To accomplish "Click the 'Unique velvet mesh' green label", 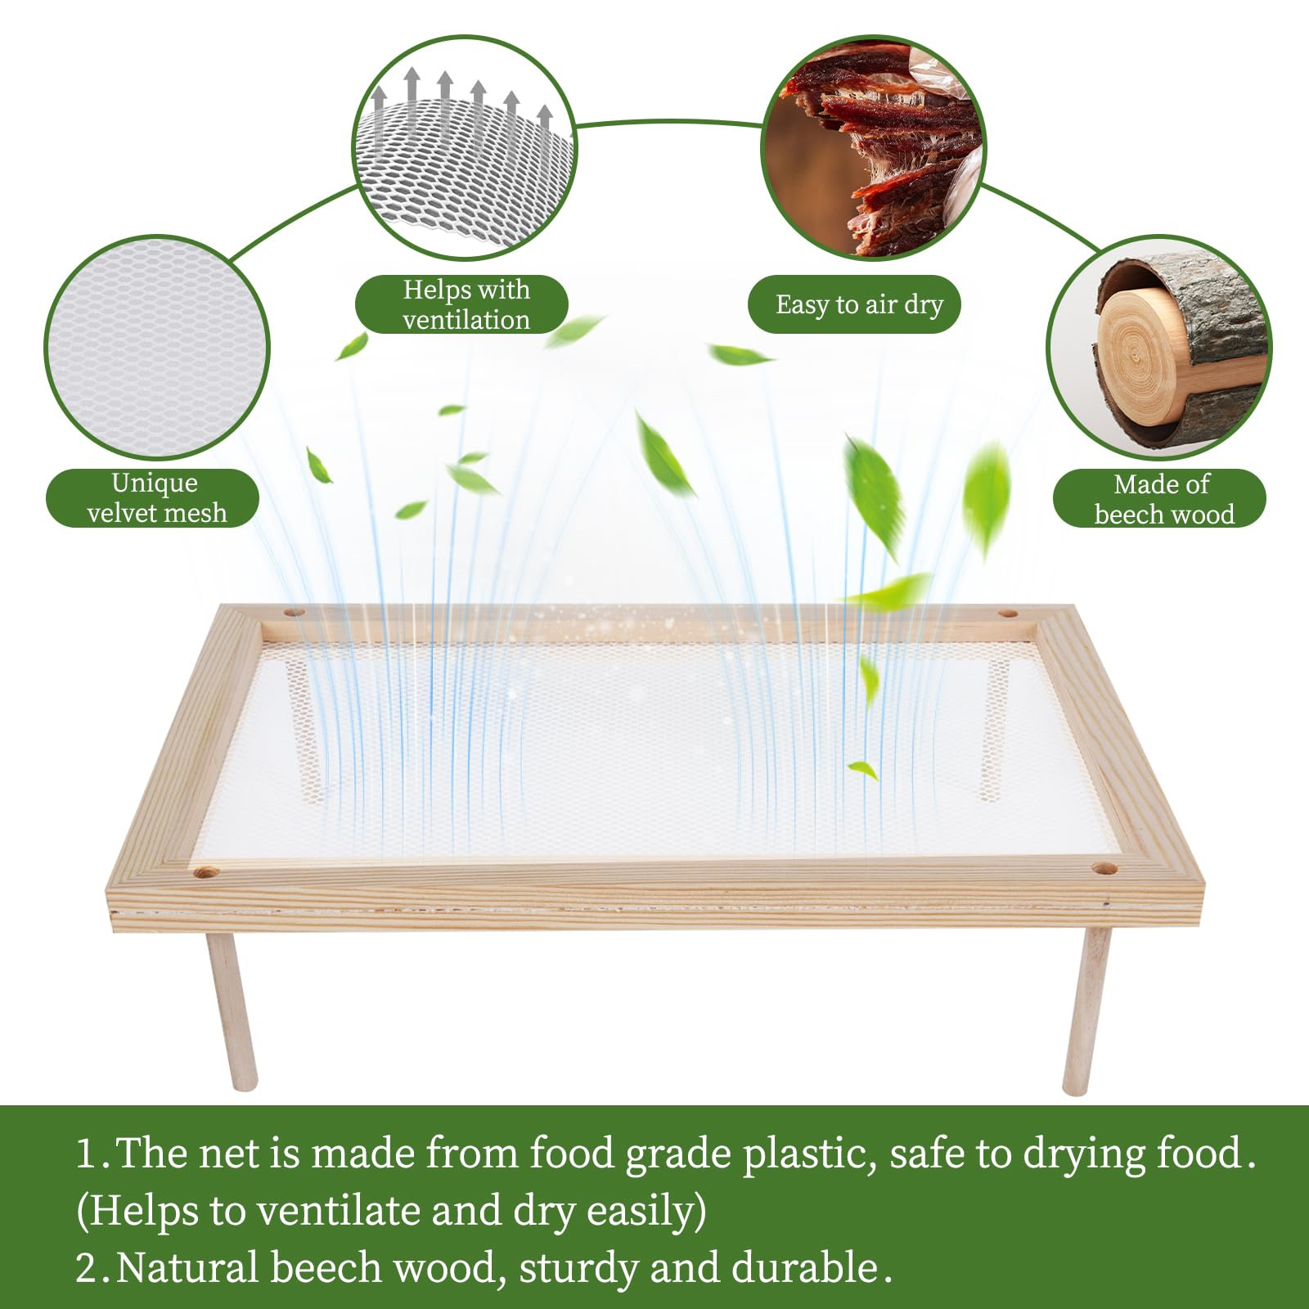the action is [153, 497].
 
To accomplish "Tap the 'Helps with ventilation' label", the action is [461, 304].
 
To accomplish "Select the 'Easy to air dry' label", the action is [854, 304].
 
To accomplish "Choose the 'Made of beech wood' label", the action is [1159, 497].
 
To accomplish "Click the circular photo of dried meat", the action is [874, 148].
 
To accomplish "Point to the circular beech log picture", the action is [1159, 348].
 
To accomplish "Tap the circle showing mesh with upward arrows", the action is [465, 148].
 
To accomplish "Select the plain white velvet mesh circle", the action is [156, 348].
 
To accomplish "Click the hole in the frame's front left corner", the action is [205, 874].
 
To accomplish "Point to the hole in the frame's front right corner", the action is [1104, 868].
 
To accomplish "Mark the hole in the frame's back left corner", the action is [294, 612].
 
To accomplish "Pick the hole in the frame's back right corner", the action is [1008, 613].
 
